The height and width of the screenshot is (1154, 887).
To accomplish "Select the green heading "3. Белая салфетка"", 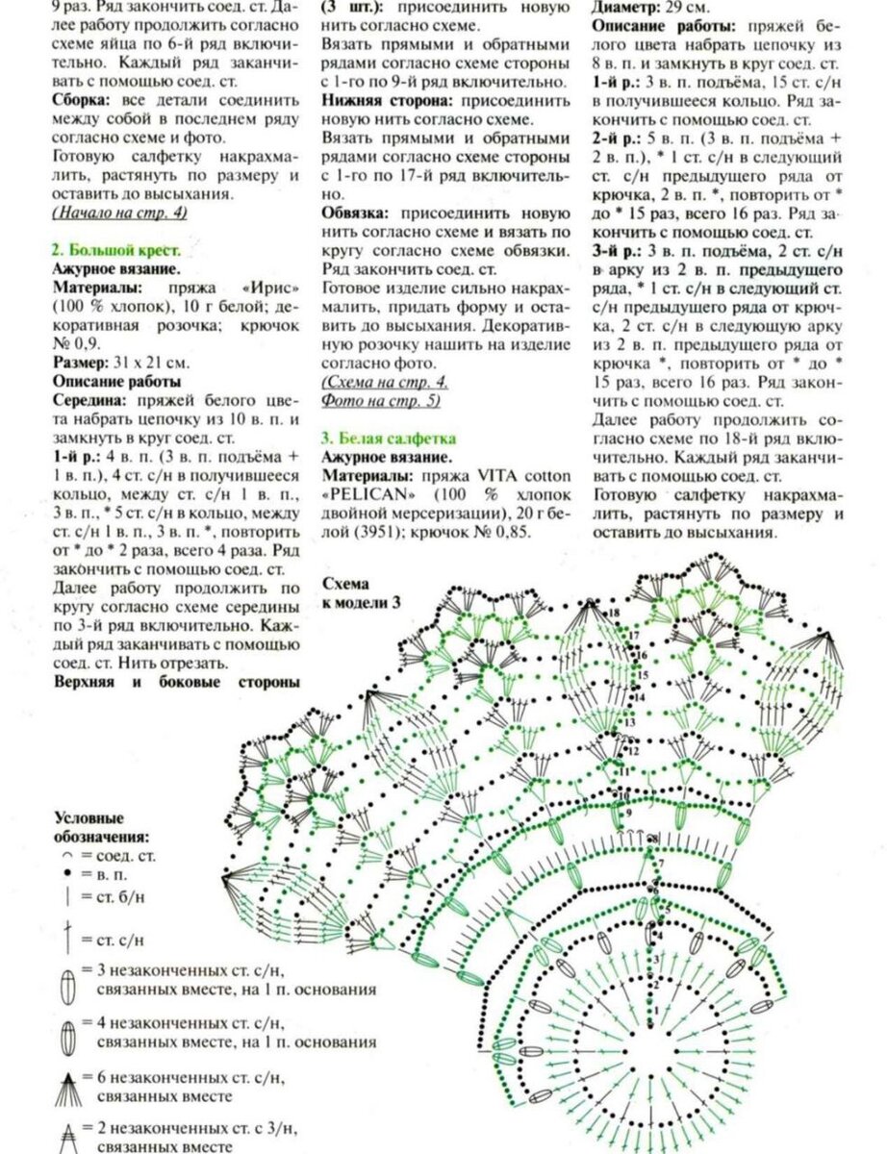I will (389, 438).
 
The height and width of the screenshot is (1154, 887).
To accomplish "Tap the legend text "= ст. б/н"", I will (112, 898).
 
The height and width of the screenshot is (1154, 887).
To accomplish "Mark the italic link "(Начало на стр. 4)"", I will (119, 213).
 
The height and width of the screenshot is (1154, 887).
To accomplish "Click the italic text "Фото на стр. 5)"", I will (381, 400).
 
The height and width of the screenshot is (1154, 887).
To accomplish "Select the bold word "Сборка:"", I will (83, 123).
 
